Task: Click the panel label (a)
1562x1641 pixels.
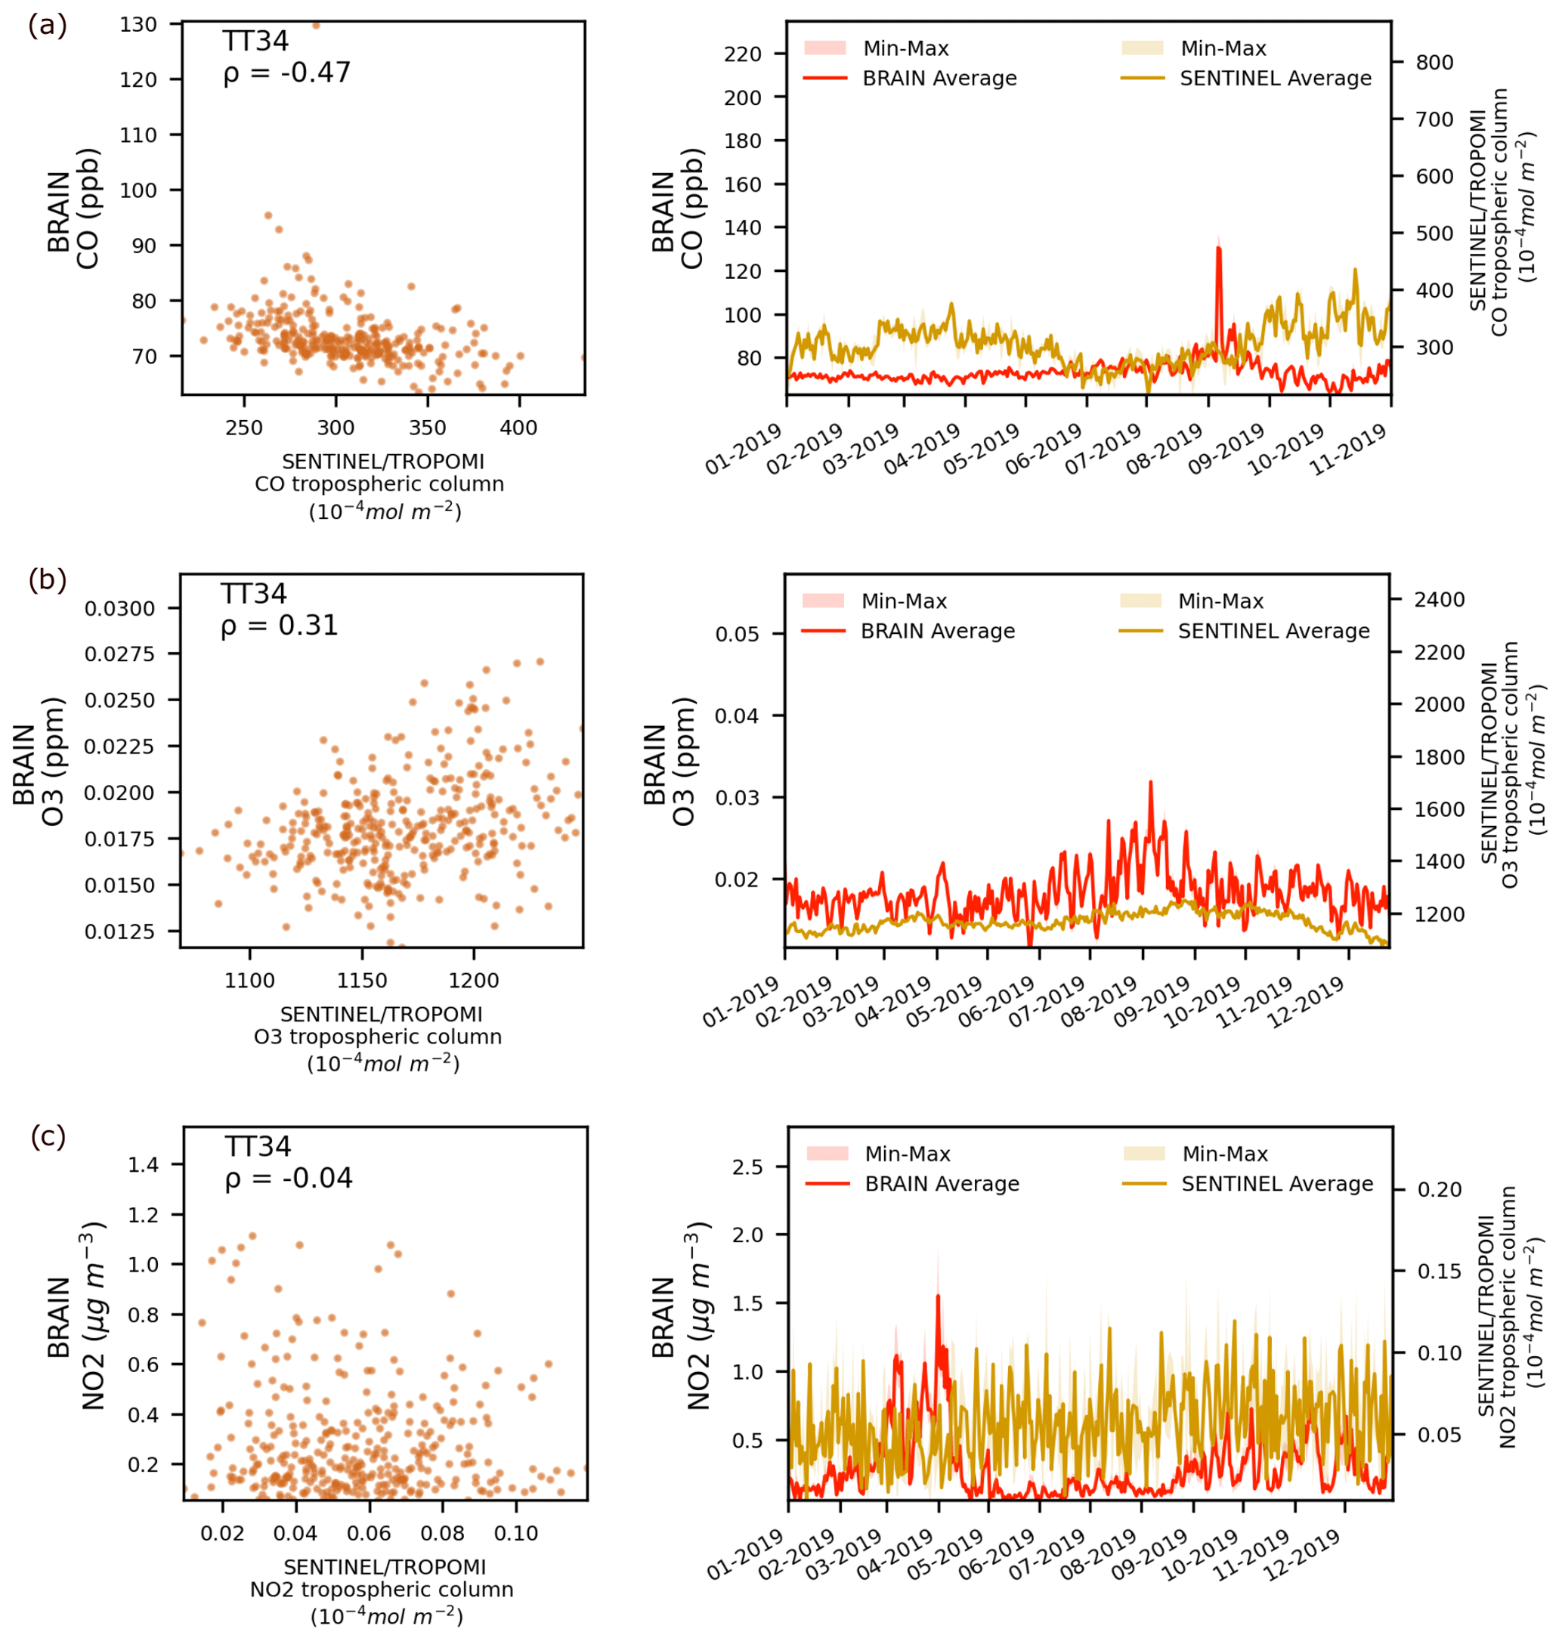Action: pyautogui.click(x=47, y=26)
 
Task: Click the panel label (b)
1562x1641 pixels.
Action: pyautogui.click(x=47, y=579)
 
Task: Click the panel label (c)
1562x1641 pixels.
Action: pyautogui.click(x=48, y=1136)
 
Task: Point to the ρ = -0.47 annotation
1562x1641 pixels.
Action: pyautogui.click(x=286, y=73)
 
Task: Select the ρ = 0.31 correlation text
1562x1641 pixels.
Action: pyautogui.click(x=279, y=626)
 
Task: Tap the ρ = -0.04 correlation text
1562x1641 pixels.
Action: pyautogui.click(x=288, y=1178)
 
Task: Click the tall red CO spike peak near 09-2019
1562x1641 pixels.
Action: pyautogui.click(x=1218, y=247)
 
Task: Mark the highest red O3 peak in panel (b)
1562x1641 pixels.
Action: pyautogui.click(x=1151, y=782)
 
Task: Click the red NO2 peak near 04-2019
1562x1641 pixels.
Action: pyautogui.click(x=938, y=1296)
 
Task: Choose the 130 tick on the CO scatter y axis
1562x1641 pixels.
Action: pyautogui.click(x=138, y=25)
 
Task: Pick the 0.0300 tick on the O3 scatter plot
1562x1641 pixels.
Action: pyautogui.click(x=120, y=609)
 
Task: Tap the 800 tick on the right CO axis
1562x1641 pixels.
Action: pyautogui.click(x=1433, y=63)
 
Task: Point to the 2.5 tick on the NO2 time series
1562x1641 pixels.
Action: pyautogui.click(x=746, y=1167)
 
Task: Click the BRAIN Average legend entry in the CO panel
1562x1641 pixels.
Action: pyautogui.click(x=939, y=79)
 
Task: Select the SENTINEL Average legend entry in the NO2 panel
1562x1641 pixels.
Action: pyautogui.click(x=1276, y=1183)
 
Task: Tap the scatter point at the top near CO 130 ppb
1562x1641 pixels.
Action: pyautogui.click(x=316, y=25)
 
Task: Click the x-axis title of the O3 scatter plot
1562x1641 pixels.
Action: pyautogui.click(x=382, y=1037)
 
